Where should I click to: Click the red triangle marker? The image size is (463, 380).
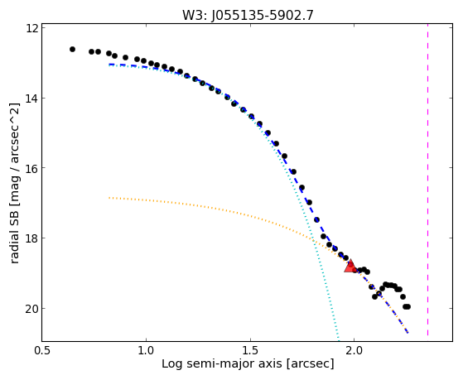(x=350, y=266)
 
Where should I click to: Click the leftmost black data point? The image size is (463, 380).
(x=72, y=50)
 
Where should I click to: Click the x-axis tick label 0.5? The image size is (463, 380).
(x=42, y=350)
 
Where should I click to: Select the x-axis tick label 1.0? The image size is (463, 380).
(x=146, y=350)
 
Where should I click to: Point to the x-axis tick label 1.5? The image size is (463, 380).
(x=250, y=350)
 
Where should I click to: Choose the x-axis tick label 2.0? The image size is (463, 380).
(x=354, y=350)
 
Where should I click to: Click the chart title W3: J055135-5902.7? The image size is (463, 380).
(x=248, y=15)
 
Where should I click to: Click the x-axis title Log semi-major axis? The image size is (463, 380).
(x=222, y=363)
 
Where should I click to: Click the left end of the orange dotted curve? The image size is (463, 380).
(x=109, y=198)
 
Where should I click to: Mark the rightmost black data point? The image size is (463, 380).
(x=408, y=307)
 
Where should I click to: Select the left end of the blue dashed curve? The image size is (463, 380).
(x=109, y=64)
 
